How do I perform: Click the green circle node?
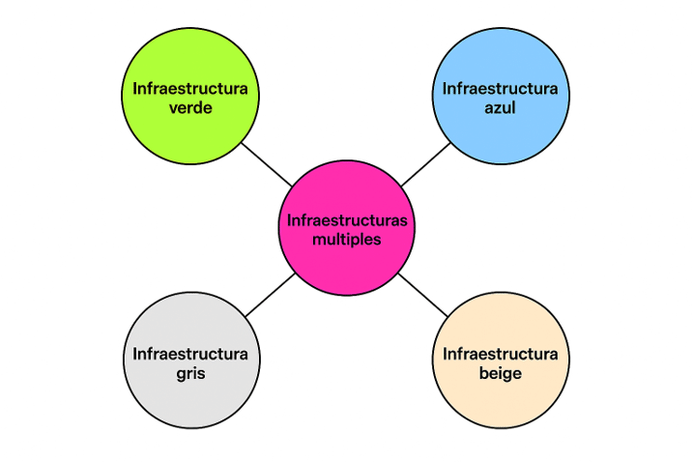point(190,96)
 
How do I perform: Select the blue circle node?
point(501,96)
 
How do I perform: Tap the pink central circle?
point(347,228)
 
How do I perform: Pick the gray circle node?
point(191,360)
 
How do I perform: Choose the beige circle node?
point(501,360)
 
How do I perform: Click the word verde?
point(190,108)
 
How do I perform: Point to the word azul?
point(500,108)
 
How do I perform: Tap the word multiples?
point(346,240)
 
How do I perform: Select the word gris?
point(190,374)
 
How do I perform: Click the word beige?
point(501,374)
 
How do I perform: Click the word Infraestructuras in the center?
point(347,220)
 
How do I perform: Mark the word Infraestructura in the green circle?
point(190,89)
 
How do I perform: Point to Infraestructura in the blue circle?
point(500,89)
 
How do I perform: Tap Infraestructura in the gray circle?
point(190,354)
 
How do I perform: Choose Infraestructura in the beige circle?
point(500,354)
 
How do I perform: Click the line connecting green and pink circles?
point(267,164)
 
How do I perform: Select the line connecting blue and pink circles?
point(425,164)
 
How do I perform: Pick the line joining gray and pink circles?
point(270,295)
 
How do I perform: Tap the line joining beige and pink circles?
point(423,295)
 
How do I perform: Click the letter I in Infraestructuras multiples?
point(289,220)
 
